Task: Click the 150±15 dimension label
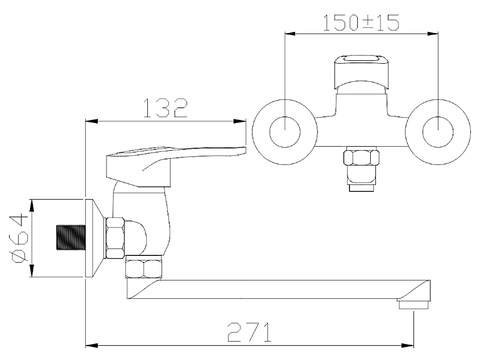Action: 361,22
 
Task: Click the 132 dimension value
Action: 165,108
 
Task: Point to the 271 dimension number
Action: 249,332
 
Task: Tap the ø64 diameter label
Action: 20,238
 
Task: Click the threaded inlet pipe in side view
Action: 71,238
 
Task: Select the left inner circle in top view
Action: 285,132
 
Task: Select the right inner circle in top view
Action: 438,132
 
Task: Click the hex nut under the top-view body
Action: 361,156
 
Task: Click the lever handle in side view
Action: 172,166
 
